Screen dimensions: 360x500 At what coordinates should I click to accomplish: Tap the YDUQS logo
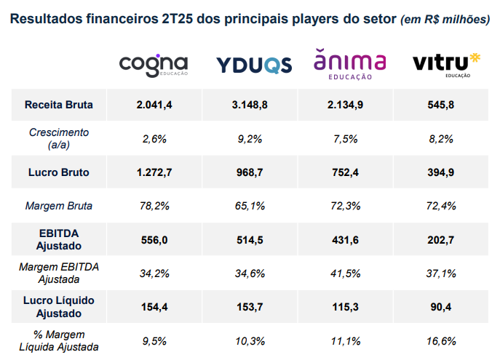click(x=254, y=65)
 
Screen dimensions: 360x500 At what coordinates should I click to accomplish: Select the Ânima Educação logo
click(x=349, y=64)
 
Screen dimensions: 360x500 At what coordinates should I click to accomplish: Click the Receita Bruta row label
click(x=58, y=105)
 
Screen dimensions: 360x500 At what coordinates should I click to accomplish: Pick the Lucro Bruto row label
click(x=58, y=172)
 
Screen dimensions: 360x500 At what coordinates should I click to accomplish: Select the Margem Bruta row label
click(x=58, y=206)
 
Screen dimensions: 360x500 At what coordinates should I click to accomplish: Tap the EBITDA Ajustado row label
click(x=58, y=239)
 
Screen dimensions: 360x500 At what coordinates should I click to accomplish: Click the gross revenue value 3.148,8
click(x=250, y=105)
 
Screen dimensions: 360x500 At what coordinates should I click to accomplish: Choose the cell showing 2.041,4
click(x=154, y=105)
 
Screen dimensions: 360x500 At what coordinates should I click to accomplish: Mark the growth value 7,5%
click(x=346, y=138)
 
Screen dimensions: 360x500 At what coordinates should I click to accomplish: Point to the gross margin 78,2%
click(x=154, y=206)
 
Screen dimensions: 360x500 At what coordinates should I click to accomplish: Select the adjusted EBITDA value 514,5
click(x=250, y=239)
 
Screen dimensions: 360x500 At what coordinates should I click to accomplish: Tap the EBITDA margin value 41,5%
click(x=346, y=273)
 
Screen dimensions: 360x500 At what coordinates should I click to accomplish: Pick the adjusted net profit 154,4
click(x=154, y=307)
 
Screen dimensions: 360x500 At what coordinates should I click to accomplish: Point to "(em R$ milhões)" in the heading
click(x=445, y=19)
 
